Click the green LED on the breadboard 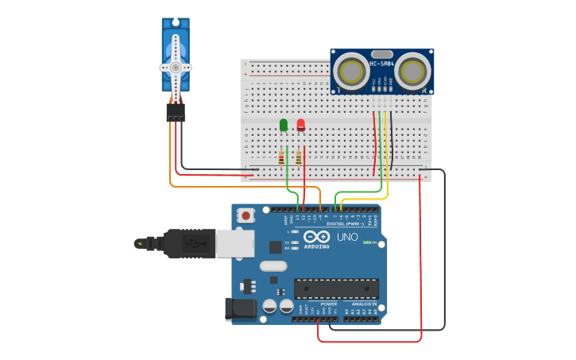pos(284,125)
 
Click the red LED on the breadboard pos(300,125)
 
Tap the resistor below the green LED pos(281,157)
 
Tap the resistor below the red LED pos(299,157)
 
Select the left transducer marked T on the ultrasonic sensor pos(350,72)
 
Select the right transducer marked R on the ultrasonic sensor pos(413,72)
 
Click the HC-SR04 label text pos(382,64)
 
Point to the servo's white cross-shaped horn pos(175,68)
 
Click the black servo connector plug pos(176,113)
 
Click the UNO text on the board pos(347,237)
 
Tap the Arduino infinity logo pos(316,236)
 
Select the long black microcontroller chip pos(336,288)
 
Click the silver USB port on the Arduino pos(235,244)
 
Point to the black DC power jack pos(240,310)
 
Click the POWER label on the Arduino pos(329,304)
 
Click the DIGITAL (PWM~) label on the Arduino pos(346,223)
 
